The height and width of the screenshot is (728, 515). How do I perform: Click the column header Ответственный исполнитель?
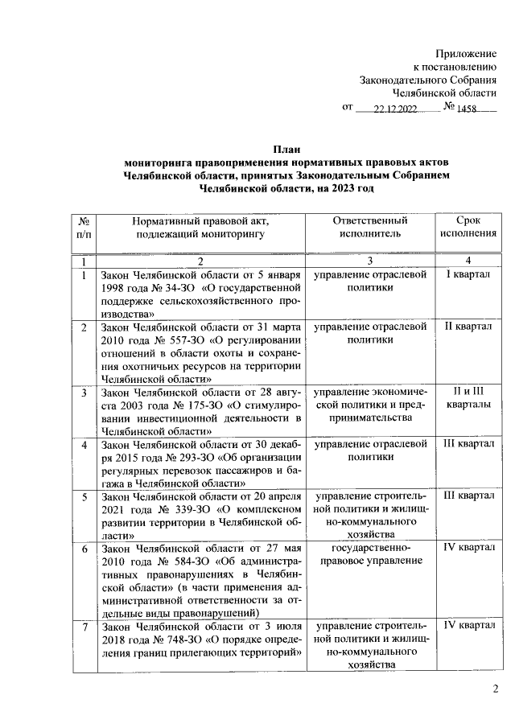(369, 227)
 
